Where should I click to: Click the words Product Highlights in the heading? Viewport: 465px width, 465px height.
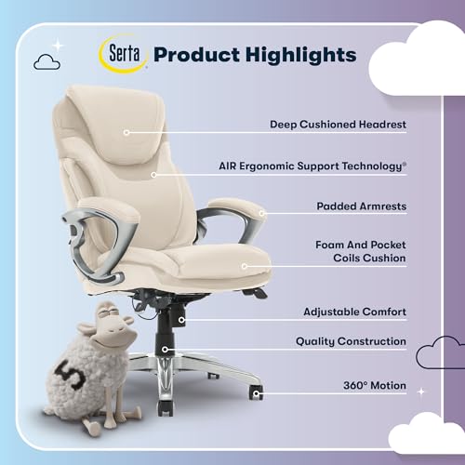tap(254, 54)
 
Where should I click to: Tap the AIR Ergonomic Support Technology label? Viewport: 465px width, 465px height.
tap(339, 166)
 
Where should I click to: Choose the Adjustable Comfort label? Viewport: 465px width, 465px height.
tap(355, 312)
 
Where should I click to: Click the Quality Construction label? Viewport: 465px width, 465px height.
tap(351, 341)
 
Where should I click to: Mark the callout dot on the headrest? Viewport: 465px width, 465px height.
tap(125, 132)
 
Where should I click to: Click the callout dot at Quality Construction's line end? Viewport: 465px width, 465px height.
tap(166, 351)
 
